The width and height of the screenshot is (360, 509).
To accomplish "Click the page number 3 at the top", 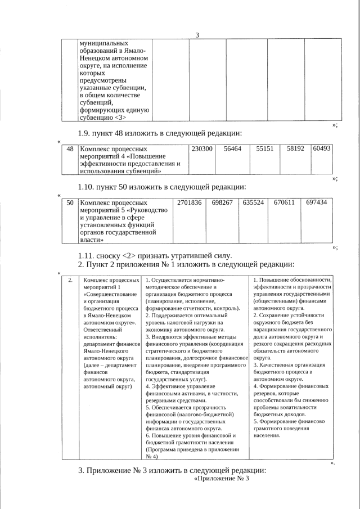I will [x=197, y=35].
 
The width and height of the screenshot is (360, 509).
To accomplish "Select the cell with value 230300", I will [x=202, y=148].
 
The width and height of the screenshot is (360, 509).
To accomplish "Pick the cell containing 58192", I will [x=295, y=148].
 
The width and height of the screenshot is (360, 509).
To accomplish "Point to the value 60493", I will [x=322, y=148].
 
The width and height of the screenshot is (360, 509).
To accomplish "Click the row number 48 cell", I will [x=70, y=148].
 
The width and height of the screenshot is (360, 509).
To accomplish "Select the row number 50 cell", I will [x=70, y=202].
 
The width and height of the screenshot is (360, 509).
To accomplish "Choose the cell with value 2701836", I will [x=189, y=202].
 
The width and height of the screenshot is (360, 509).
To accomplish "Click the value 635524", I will [x=253, y=202].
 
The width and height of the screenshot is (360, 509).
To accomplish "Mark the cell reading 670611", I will [x=284, y=202].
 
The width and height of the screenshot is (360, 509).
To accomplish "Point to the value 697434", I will [x=316, y=202].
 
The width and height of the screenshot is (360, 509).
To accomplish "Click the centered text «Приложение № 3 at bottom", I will [x=220, y=479].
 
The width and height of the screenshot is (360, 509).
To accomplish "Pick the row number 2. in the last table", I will [x=70, y=280].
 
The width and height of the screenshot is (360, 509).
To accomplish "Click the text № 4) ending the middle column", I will [x=151, y=456].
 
